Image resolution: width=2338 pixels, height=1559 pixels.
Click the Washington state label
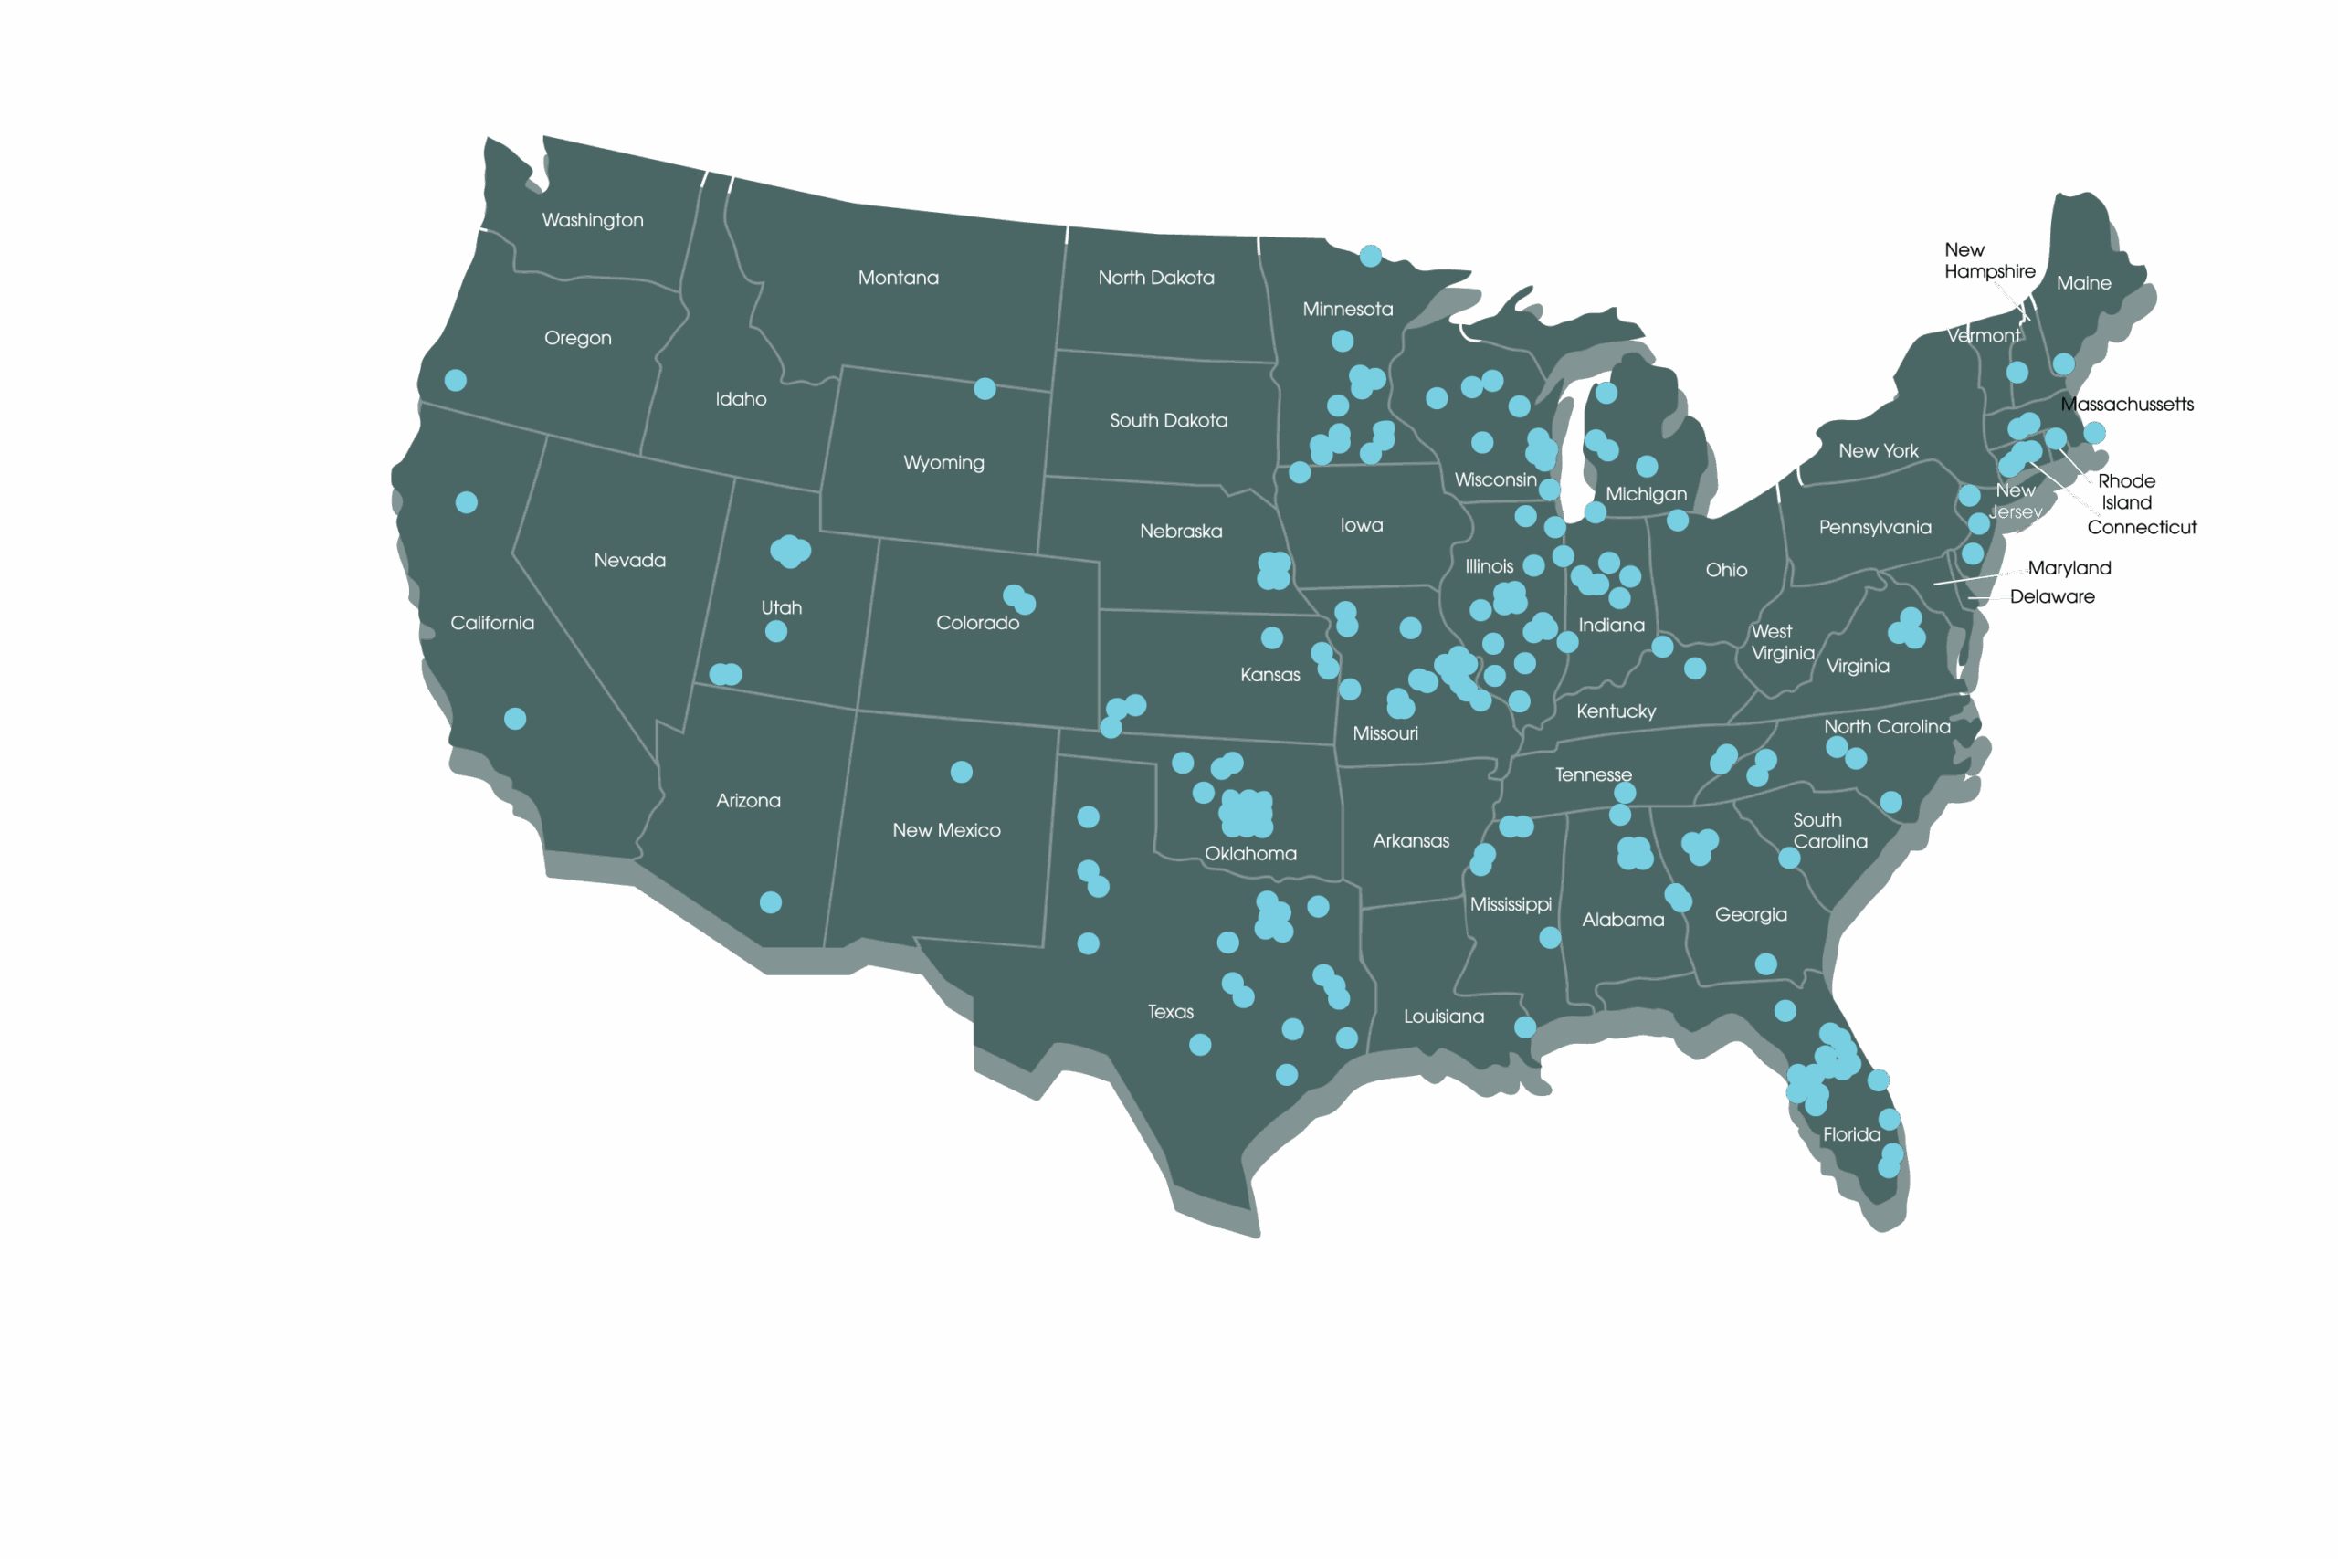[x=593, y=220]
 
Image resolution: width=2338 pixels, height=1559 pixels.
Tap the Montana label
[x=898, y=278]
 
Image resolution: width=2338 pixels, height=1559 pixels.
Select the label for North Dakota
[x=1155, y=278]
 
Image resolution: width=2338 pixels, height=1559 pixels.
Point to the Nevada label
[x=629, y=560]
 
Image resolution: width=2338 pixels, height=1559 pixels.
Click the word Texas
[x=1170, y=1011]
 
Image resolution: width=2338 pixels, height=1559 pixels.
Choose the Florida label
[x=1851, y=1133]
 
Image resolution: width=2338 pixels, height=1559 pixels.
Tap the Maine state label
[x=2083, y=283]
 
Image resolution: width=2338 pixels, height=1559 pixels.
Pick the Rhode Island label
[x=2126, y=491]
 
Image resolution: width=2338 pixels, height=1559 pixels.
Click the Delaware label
[x=2052, y=596]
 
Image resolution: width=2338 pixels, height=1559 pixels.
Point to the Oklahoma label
[x=1250, y=853]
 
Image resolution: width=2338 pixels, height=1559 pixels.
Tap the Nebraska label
[x=1181, y=531]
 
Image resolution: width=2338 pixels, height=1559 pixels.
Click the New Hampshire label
[x=1989, y=260]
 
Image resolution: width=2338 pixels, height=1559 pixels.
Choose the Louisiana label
[x=1443, y=1017]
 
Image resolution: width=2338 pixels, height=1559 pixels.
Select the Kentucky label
[x=1616, y=711]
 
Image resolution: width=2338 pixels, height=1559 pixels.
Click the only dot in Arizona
[x=771, y=901]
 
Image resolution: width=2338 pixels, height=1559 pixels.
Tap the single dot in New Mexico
[x=962, y=772]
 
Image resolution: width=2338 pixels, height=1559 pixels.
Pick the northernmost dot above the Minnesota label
[x=1370, y=256]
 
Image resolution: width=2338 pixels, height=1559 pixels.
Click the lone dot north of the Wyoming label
[x=985, y=388]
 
